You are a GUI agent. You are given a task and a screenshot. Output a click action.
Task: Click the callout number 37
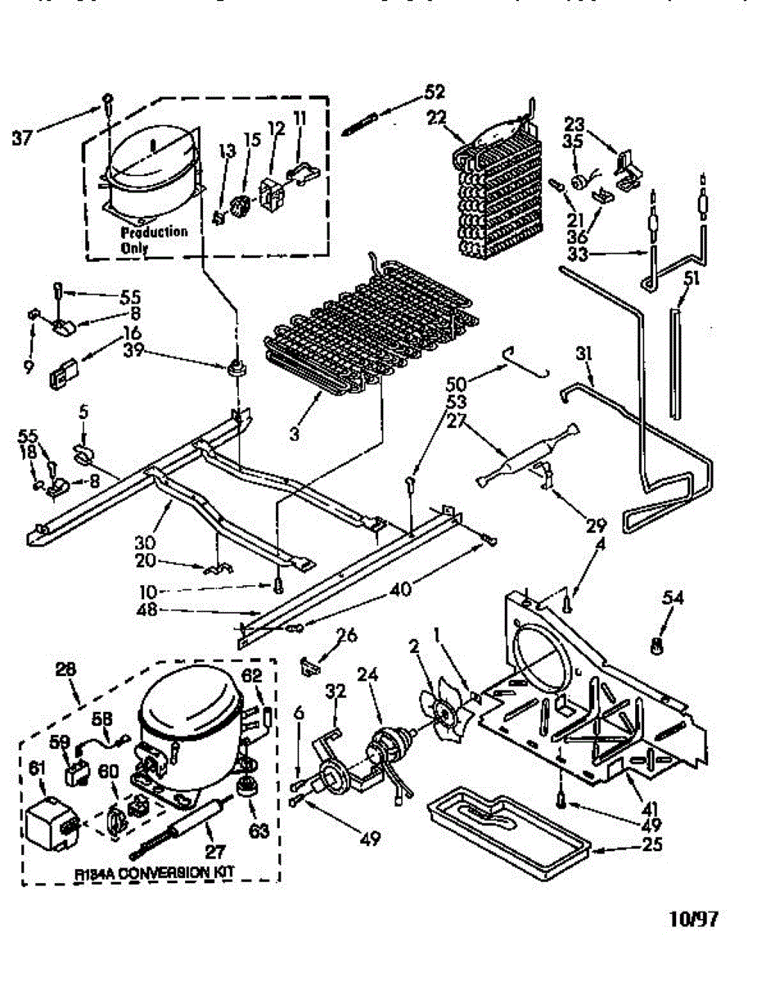(x=21, y=137)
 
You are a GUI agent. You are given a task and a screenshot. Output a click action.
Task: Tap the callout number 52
(x=435, y=91)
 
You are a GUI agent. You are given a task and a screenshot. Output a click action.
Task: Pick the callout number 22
(x=436, y=117)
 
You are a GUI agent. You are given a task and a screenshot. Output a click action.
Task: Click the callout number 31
(x=584, y=354)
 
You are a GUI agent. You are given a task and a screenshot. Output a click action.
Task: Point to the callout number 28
(x=65, y=669)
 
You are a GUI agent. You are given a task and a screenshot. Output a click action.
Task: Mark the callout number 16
(x=131, y=333)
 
